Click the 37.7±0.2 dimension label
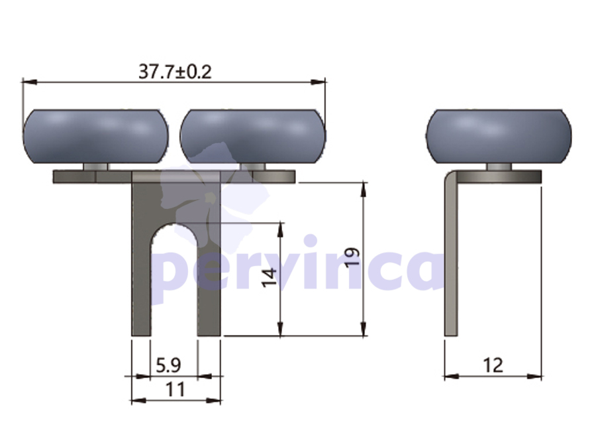tap(175, 72)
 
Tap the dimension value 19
tap(352, 257)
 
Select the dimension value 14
tap(269, 278)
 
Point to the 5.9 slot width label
tap(168, 365)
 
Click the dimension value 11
tap(175, 389)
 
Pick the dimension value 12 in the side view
tap(493, 365)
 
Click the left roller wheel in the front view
tap(96, 137)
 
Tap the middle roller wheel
tap(253, 137)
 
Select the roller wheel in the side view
tap(499, 137)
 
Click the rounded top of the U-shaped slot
tap(174, 225)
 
